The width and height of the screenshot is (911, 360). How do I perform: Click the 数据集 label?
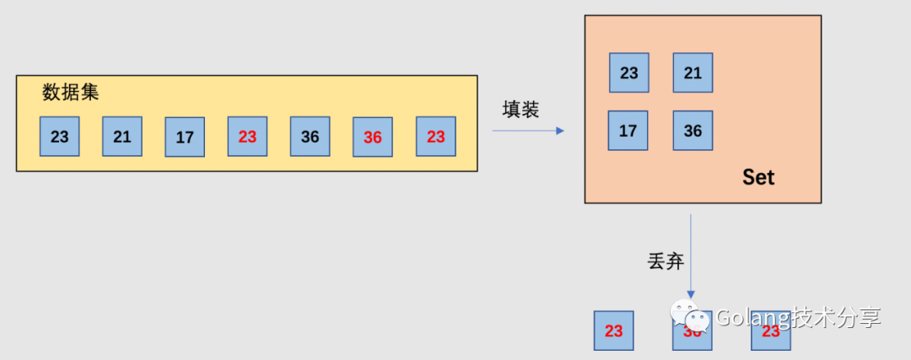(x=71, y=93)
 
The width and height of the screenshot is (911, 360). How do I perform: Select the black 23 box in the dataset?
(x=59, y=137)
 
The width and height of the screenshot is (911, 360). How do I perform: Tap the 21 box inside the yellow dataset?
(x=122, y=137)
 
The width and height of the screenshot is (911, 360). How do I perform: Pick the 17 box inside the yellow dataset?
(x=185, y=137)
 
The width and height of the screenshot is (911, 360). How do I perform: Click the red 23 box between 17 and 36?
(x=247, y=137)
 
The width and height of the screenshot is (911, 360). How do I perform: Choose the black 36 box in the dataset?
(x=310, y=137)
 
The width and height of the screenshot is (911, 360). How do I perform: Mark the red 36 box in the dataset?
(x=373, y=137)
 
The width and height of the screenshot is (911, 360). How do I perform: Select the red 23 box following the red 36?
(x=435, y=137)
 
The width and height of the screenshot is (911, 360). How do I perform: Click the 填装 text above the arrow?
(x=520, y=110)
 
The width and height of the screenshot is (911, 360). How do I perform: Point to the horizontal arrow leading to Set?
(x=528, y=131)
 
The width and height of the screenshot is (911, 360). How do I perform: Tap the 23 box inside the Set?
(x=629, y=73)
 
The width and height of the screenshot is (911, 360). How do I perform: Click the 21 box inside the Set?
(x=693, y=73)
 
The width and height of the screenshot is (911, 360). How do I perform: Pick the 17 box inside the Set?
(x=628, y=131)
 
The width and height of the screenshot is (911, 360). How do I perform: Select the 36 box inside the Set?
(x=693, y=131)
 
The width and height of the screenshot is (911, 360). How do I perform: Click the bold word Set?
(x=757, y=177)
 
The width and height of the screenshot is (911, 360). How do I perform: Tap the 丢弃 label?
(x=665, y=261)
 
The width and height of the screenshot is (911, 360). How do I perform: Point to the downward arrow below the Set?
(x=691, y=253)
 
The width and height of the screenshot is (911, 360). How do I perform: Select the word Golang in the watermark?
(x=752, y=318)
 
